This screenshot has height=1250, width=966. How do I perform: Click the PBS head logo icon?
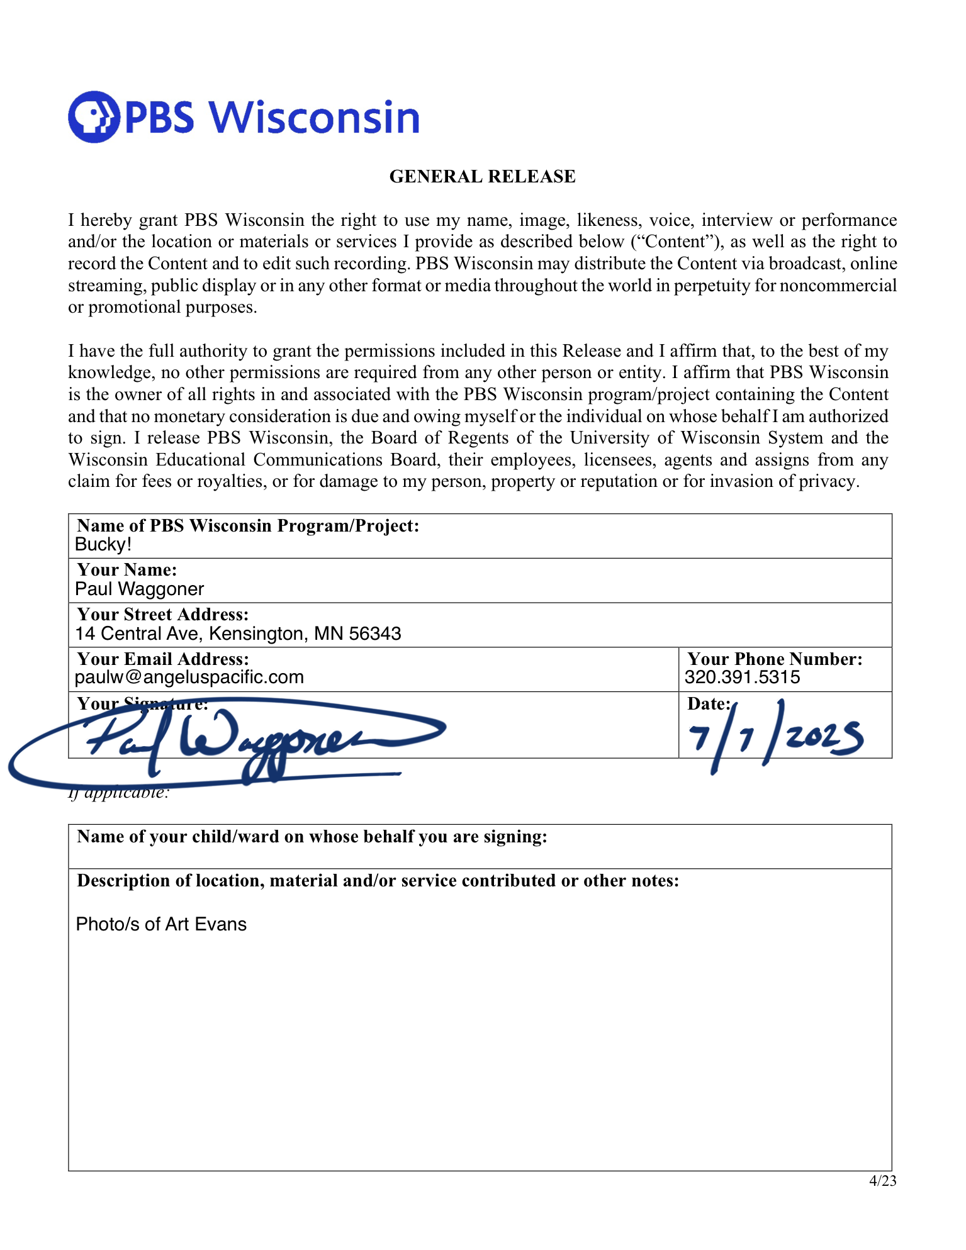tap(94, 117)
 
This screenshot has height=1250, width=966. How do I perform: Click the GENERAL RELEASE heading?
tap(482, 177)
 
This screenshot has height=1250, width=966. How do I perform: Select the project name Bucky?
tap(103, 545)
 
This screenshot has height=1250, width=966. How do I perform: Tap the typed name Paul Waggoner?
tap(139, 589)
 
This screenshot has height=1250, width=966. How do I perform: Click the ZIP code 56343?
tap(375, 633)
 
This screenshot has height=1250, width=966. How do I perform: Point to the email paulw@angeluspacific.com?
tap(189, 678)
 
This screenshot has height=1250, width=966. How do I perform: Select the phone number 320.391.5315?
tap(742, 678)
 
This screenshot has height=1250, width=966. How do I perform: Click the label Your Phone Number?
tap(775, 659)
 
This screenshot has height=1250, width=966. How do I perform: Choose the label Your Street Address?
tap(163, 615)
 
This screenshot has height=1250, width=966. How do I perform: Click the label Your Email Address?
tap(163, 659)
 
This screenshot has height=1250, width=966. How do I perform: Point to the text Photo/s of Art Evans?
tap(161, 924)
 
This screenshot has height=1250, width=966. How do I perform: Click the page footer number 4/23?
tap(882, 1181)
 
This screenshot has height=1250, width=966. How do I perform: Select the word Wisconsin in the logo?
tap(313, 118)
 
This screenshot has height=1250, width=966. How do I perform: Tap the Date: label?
tap(709, 704)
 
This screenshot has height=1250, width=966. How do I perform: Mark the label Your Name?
tap(126, 570)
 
